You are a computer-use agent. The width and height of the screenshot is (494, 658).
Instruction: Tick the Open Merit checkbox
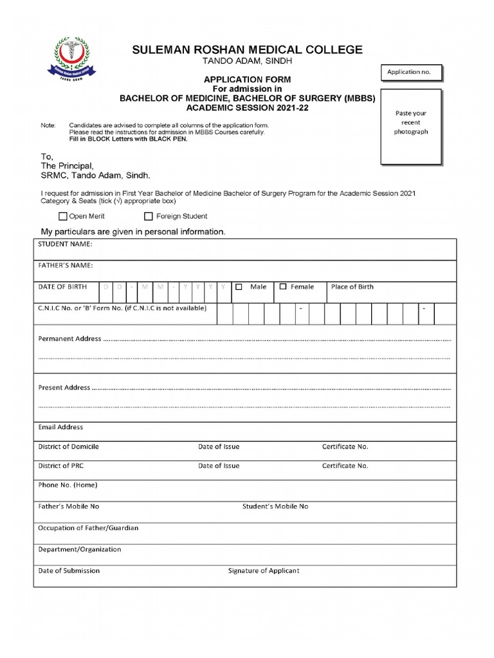[x=63, y=217]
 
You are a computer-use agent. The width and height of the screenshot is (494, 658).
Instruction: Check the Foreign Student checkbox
[x=149, y=217]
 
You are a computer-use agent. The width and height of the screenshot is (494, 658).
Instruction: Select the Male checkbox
[x=239, y=287]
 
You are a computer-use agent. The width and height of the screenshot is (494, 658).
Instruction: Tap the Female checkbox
[x=283, y=287]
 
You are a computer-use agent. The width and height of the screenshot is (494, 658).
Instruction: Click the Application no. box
[x=412, y=73]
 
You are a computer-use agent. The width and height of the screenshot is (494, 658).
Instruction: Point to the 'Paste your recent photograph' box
[x=411, y=127]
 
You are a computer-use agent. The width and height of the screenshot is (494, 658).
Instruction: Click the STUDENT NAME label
[x=65, y=245]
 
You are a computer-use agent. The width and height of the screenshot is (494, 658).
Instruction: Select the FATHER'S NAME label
[x=66, y=265]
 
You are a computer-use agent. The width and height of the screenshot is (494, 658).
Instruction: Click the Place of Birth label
[x=352, y=287]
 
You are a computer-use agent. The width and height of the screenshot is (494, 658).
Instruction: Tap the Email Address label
[x=60, y=427]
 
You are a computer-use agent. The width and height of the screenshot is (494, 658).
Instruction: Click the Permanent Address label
[x=69, y=339]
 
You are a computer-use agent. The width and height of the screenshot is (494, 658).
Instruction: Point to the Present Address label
[x=64, y=387]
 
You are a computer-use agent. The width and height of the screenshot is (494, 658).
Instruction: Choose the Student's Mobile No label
[x=275, y=506]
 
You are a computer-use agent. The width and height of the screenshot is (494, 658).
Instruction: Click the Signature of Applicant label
[x=264, y=571]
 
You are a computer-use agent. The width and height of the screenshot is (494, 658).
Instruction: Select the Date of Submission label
[x=69, y=571]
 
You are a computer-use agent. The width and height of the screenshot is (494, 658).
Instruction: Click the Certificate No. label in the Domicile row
[x=345, y=447]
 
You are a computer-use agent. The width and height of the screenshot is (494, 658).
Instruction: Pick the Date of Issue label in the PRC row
[x=219, y=466]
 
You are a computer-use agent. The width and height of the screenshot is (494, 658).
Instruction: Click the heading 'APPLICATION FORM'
[x=248, y=80]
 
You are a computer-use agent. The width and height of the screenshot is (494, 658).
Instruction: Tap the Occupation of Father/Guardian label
[x=88, y=528]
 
